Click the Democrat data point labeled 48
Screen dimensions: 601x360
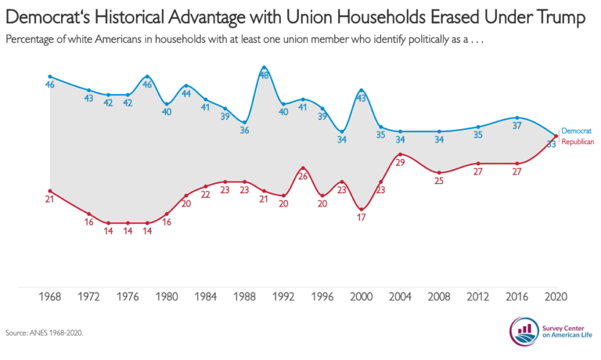pyautogui.click(x=264, y=67)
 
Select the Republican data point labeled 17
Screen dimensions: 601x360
pyautogui.click(x=361, y=209)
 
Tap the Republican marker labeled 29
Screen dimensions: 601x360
pyautogui.click(x=400, y=154)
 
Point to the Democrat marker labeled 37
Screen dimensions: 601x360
pyautogui.click(x=517, y=117)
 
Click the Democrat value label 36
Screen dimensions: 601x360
pyautogui.click(x=244, y=131)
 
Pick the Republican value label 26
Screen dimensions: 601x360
pyautogui.click(x=303, y=176)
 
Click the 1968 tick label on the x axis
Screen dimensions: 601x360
pyautogui.click(x=50, y=297)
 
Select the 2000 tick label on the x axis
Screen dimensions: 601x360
pyautogui.click(x=361, y=297)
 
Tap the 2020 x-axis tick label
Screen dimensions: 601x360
pyautogui.click(x=556, y=297)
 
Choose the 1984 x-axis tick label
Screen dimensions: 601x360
pyautogui.click(x=206, y=297)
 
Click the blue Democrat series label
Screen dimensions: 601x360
pyautogui.click(x=577, y=131)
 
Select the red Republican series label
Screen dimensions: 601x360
pyautogui.click(x=578, y=142)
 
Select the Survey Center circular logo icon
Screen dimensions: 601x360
pyautogui.click(x=524, y=331)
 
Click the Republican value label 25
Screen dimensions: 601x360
pyautogui.click(x=439, y=181)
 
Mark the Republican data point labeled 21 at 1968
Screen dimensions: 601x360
pyautogui.click(x=50, y=191)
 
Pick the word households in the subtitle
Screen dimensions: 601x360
pyautogui.click(x=180, y=39)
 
